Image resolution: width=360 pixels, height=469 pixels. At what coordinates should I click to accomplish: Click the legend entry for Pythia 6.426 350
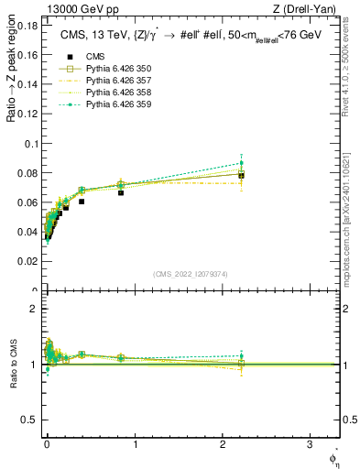click(x=101, y=70)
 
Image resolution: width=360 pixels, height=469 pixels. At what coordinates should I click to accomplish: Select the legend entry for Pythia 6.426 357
click(x=101, y=80)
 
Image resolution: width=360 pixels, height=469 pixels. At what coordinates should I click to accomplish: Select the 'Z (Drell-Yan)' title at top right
click(x=311, y=8)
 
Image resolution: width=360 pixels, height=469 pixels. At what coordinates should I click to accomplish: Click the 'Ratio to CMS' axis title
click(x=14, y=364)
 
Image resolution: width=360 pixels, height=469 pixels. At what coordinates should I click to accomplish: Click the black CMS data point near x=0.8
click(x=121, y=192)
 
